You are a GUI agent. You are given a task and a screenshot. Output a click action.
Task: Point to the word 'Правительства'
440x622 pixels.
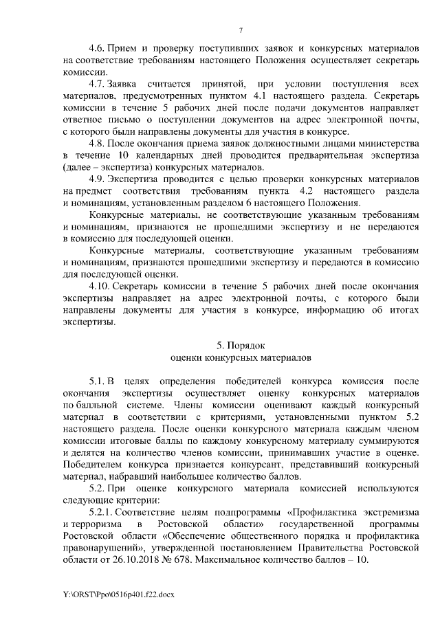[x=329, y=547]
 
